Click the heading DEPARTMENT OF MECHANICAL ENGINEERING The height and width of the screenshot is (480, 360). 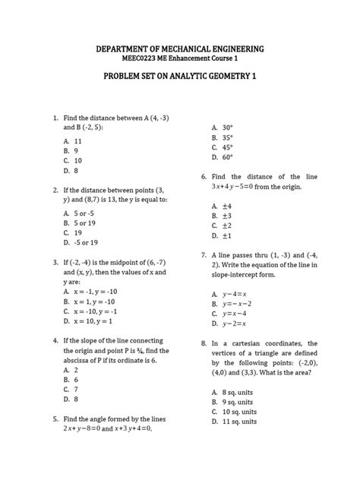click(x=179, y=49)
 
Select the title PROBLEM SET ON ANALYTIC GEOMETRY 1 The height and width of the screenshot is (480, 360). click(x=179, y=78)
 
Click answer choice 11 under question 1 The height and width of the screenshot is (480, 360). click(x=78, y=141)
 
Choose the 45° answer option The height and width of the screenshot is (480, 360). click(x=227, y=147)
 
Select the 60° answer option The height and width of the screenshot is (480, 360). click(x=227, y=157)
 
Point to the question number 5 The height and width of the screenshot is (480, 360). click(x=56, y=418)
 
